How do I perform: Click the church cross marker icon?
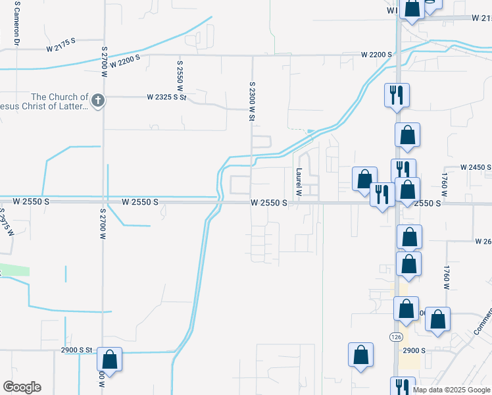[97, 101]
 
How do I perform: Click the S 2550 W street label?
[180, 76]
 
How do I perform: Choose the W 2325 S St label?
[166, 97]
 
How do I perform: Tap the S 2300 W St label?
[251, 101]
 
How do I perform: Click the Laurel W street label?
[298, 182]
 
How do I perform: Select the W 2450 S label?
[476, 168]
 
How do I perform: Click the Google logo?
[22, 387]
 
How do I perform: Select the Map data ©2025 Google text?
[451, 390]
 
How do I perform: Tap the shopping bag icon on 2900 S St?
[109, 360]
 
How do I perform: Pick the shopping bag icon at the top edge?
[412, 9]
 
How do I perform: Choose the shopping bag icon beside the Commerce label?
[438, 320]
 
